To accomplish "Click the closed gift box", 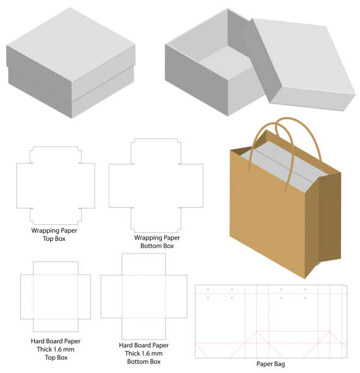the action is point(71,63).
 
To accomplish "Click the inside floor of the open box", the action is point(226,61).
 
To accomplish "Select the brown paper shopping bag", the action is point(285,197).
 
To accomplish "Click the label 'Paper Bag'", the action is point(270,364).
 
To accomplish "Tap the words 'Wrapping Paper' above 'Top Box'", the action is point(54,230).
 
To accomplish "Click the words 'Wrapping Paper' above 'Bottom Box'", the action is point(157,238).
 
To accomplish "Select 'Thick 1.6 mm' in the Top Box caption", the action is point(56,349).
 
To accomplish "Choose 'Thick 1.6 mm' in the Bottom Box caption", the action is point(144,353).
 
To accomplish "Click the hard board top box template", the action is point(56,297).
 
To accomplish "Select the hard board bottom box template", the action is point(144,296).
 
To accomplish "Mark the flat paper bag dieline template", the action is point(271,321).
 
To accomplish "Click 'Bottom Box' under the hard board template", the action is point(144,361).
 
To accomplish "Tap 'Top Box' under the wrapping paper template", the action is point(54,238).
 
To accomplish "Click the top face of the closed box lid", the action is point(71,44).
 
